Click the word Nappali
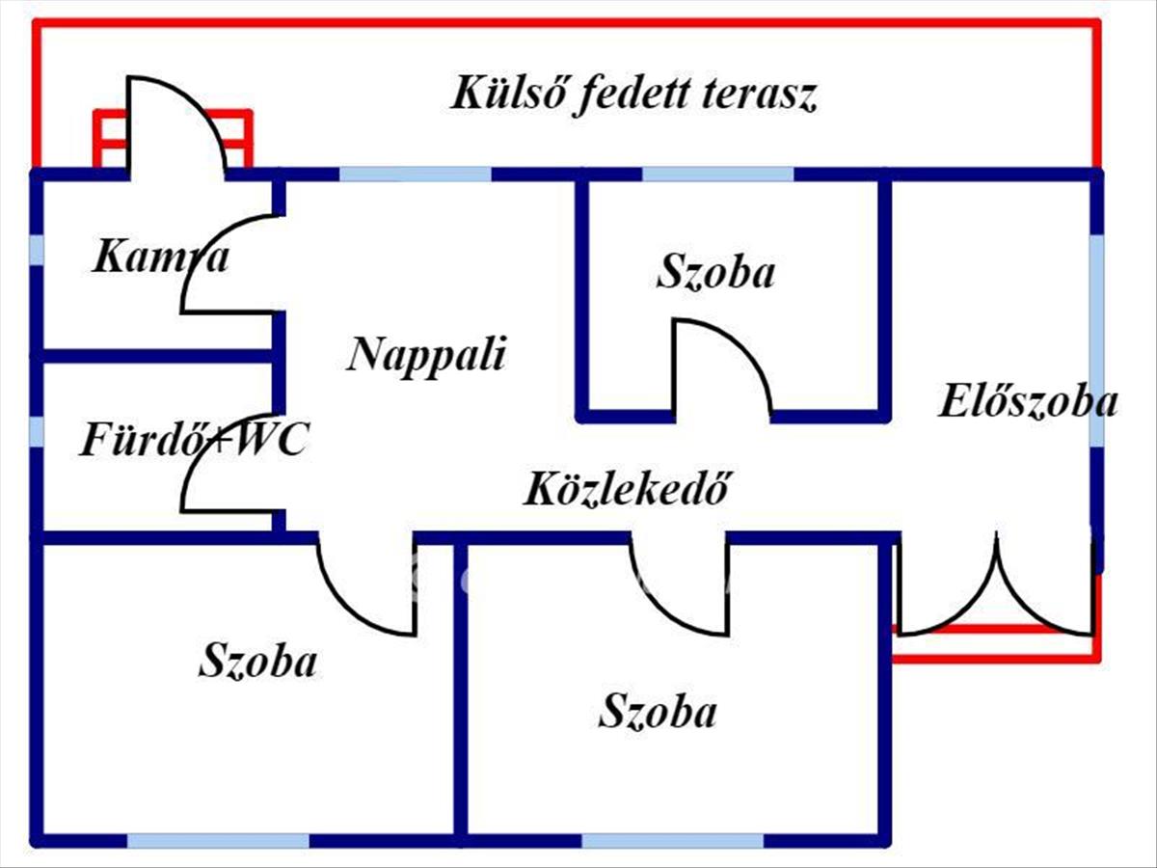coord(426,355)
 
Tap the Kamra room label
coord(161,258)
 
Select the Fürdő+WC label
coord(193,441)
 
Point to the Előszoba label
coord(1028,401)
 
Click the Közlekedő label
coord(624,489)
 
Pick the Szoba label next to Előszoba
coord(715,273)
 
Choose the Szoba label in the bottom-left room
coord(257,663)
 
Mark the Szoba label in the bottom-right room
coord(658,713)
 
